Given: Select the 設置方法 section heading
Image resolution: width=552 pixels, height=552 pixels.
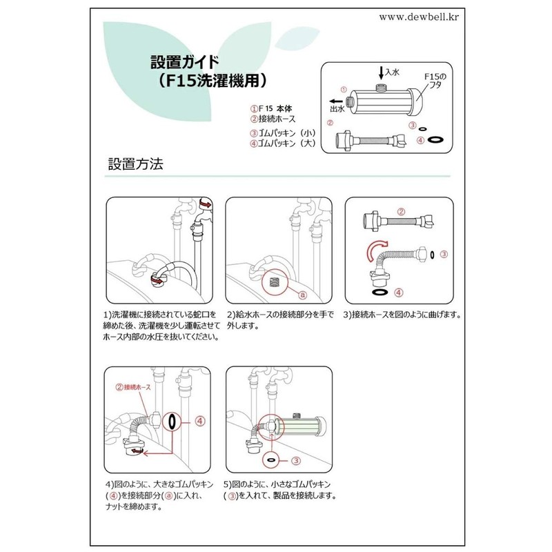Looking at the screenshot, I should pyautogui.click(x=135, y=166).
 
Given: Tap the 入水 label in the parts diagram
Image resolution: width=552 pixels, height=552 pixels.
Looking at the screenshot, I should pyautogui.click(x=393, y=72).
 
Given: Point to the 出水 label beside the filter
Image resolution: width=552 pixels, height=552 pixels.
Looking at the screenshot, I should pyautogui.click(x=337, y=108).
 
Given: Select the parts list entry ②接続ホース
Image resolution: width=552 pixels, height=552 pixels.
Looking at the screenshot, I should pyautogui.click(x=273, y=119).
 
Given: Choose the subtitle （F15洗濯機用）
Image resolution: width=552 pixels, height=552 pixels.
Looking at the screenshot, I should pyautogui.click(x=204, y=79).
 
